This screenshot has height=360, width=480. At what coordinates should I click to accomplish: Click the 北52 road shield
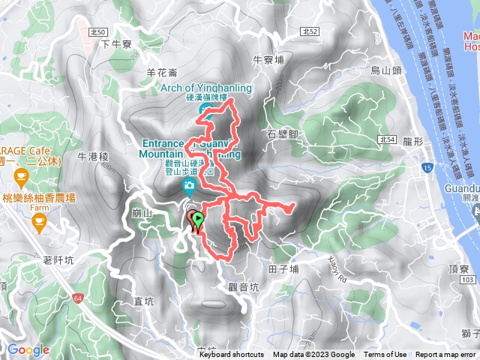[313, 31]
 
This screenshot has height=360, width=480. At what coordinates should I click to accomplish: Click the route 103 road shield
[469, 279]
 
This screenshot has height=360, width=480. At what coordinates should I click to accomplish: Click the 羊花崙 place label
[161, 73]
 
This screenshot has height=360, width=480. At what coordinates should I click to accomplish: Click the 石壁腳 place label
[282, 135]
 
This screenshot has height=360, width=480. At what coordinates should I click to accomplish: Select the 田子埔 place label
[283, 268]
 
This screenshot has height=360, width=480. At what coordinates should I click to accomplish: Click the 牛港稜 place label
[94, 157]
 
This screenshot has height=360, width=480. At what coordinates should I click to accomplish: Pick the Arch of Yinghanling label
[203, 87]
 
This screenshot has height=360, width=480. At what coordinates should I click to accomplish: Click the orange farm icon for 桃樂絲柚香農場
[38, 220]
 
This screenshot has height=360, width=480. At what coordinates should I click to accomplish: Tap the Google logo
[28, 349]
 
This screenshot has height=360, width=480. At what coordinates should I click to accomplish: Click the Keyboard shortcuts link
[231, 355]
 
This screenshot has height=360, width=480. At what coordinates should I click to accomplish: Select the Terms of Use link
[385, 355]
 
